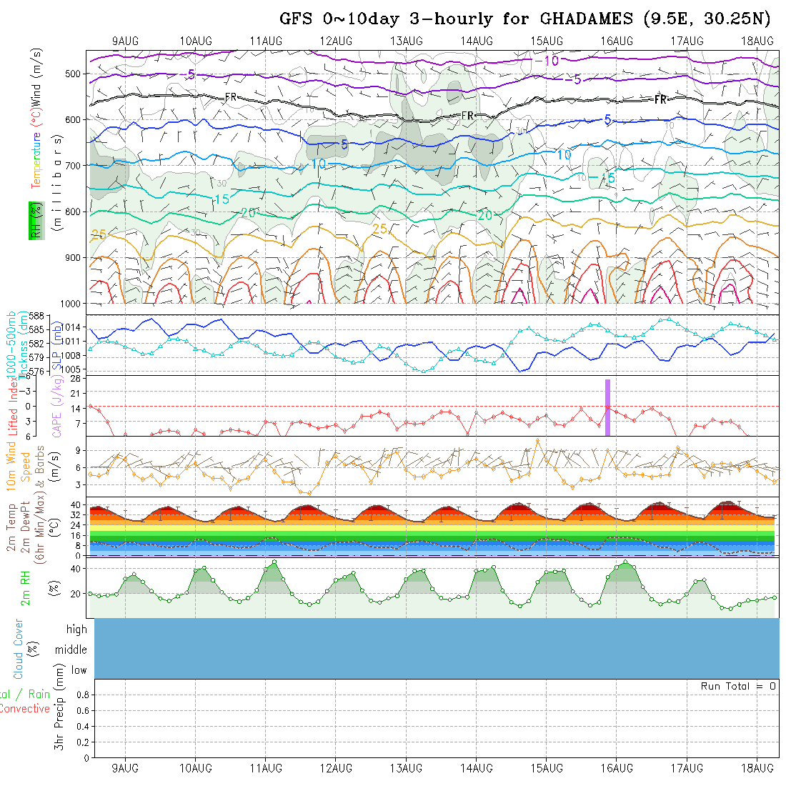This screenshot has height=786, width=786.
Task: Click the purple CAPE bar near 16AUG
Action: click(607, 407)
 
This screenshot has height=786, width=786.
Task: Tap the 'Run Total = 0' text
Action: click(738, 686)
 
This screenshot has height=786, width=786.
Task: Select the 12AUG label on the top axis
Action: click(336, 41)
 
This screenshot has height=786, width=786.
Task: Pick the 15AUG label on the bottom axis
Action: click(546, 768)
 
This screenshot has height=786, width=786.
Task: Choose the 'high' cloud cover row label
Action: click(76, 630)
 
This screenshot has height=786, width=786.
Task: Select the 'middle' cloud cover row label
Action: click(71, 650)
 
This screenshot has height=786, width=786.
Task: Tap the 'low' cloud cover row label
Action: click(79, 670)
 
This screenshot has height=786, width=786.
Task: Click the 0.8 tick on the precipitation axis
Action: click(81, 695)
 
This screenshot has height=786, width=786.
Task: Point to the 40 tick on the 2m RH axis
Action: click(73, 569)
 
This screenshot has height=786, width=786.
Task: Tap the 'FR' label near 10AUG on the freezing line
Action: click(231, 96)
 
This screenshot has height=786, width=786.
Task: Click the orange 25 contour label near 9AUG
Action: click(99, 234)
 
